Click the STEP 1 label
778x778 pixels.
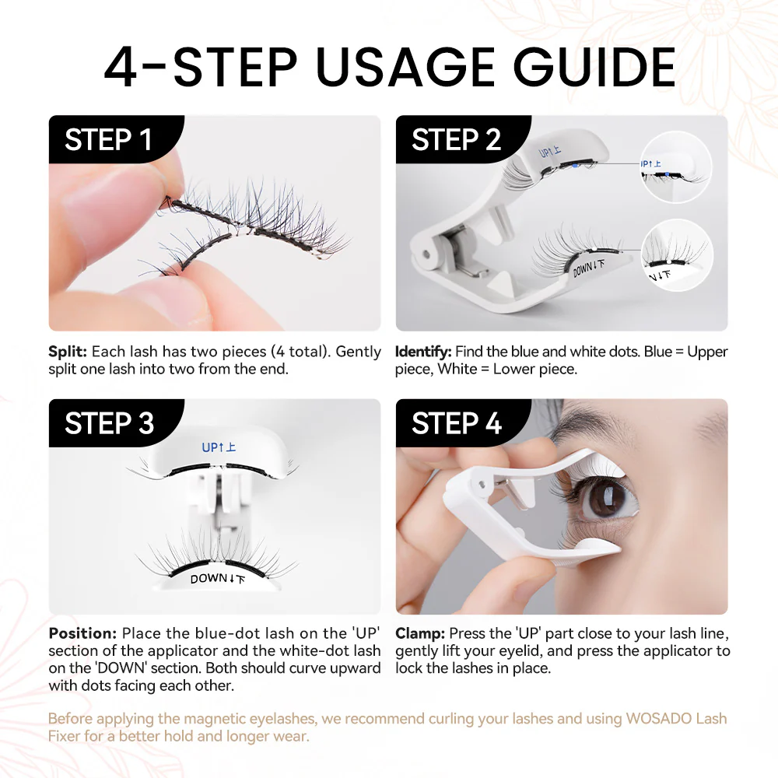108,140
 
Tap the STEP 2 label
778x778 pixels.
456,140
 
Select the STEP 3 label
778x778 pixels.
109,424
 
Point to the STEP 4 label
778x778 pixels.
457,424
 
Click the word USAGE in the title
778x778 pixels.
405,68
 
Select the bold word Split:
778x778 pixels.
67,352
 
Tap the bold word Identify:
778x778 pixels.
424,352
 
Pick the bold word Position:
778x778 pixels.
82,633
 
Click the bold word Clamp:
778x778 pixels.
420,633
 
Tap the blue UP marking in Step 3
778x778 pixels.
219,447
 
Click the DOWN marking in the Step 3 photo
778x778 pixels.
217,579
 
